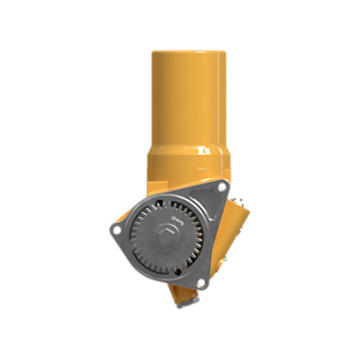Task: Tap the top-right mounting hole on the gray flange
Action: pyautogui.click(x=222, y=186)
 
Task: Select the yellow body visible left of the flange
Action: pyautogui.click(x=139, y=190)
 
